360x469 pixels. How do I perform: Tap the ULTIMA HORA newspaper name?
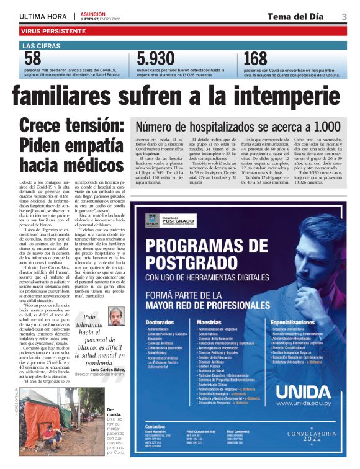(x=43, y=16)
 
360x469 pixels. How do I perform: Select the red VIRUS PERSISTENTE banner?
(x=53, y=30)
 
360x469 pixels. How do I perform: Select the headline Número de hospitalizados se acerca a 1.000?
(x=220, y=127)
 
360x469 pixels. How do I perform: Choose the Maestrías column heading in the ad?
(x=209, y=323)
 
